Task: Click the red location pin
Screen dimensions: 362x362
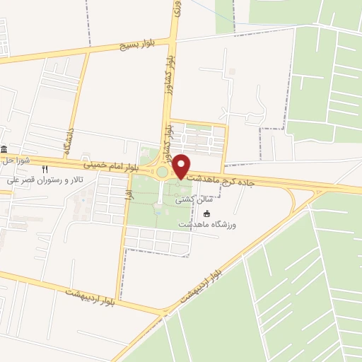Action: click(x=181, y=167)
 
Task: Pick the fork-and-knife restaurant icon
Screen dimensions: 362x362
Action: click(x=44, y=169)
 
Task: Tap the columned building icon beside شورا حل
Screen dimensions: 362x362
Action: click(x=4, y=149)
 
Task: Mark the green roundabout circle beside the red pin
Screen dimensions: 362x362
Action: click(x=163, y=172)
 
